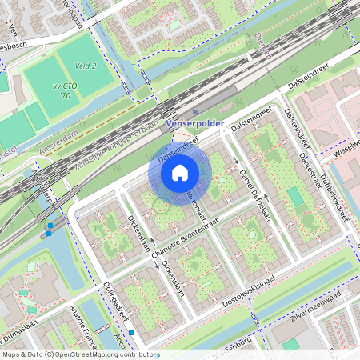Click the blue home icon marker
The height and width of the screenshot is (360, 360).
coord(180,172)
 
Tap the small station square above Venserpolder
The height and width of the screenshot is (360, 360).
coord(195,112)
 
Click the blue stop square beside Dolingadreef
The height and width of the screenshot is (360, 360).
coord(131,332)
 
